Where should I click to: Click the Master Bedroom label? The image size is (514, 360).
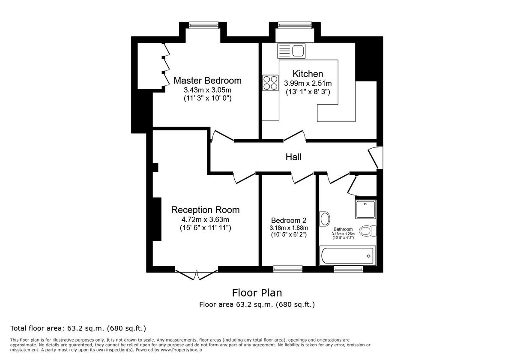click(x=207, y=81)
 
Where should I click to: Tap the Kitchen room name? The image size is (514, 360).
click(x=308, y=74)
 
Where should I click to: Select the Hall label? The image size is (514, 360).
click(x=293, y=157)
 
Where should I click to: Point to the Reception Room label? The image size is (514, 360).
click(x=205, y=210)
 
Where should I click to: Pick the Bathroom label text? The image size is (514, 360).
click(x=343, y=229)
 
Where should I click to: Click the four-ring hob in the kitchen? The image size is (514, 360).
click(x=270, y=83)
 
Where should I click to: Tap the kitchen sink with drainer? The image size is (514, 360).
click(x=291, y=51)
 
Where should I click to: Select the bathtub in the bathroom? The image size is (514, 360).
click(x=347, y=255)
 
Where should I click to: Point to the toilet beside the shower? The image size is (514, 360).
click(x=368, y=231)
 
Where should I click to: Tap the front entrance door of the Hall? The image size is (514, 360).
click(x=376, y=157)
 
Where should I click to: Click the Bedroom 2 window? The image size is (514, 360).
click(x=287, y=269)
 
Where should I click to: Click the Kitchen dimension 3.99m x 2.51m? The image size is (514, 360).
click(x=308, y=84)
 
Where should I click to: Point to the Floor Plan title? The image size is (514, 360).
click(x=257, y=293)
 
